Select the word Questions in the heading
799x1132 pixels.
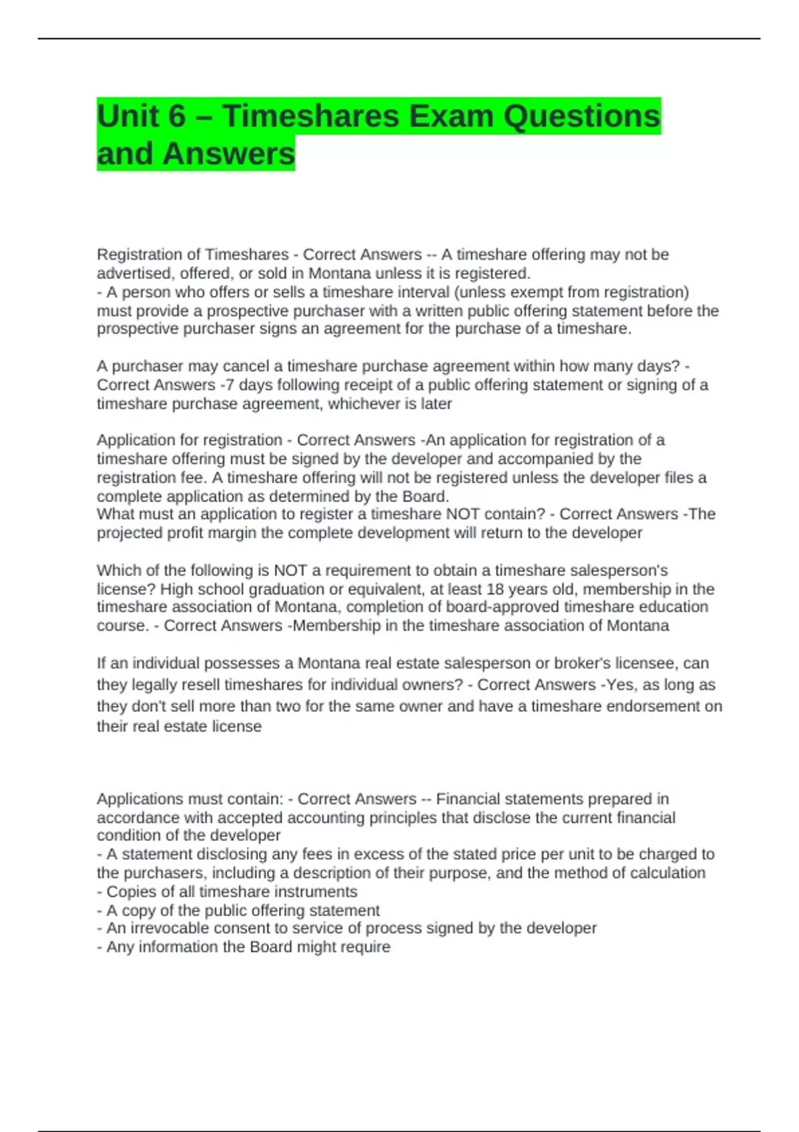click(581, 117)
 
